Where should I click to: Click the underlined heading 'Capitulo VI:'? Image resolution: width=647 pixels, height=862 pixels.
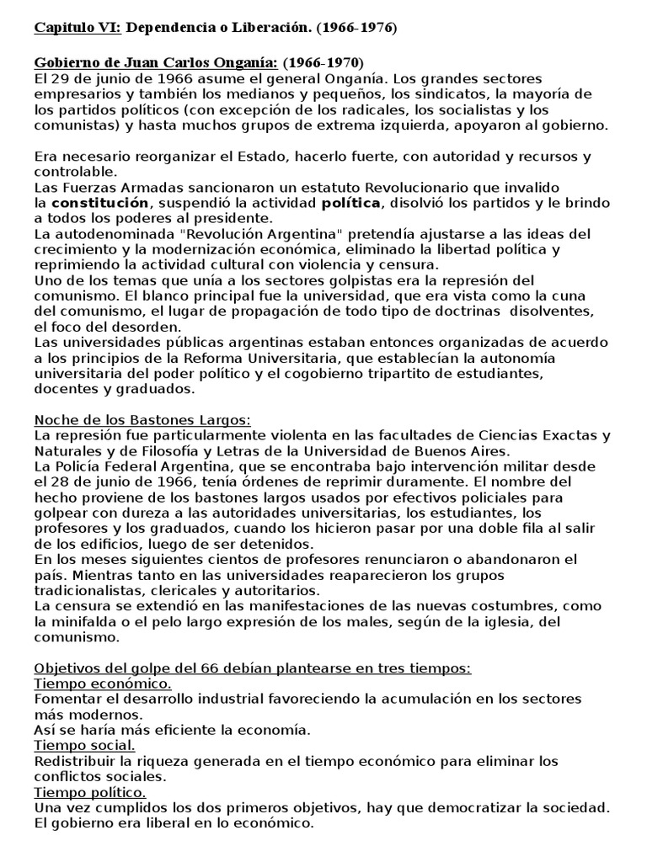[78, 28]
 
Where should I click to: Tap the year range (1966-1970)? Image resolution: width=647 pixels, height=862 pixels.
[323, 63]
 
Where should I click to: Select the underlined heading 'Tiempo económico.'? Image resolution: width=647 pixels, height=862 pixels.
[103, 684]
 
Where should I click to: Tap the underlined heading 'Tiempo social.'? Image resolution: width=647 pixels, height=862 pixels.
[84, 745]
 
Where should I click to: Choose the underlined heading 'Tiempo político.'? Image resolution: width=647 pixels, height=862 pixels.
[90, 792]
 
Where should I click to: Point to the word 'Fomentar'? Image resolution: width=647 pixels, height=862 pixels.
[68, 699]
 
